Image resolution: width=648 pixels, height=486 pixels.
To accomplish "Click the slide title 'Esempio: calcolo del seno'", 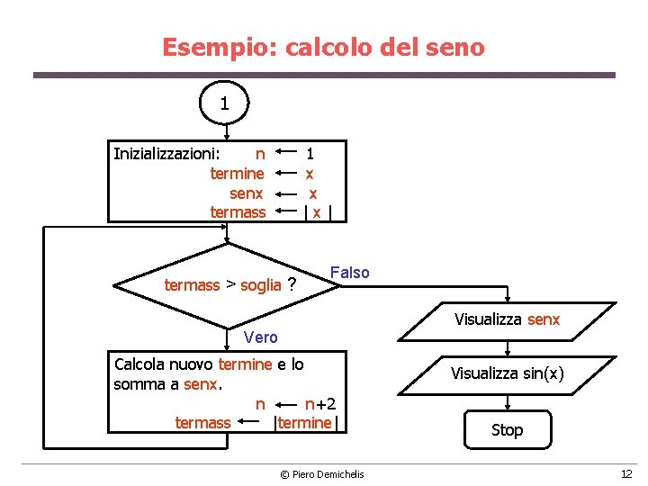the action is pyautogui.click(x=323, y=47).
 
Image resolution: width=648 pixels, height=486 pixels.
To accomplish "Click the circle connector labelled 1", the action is pyautogui.click(x=224, y=104).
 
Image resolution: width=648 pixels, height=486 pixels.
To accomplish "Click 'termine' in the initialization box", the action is pyautogui.click(x=237, y=174).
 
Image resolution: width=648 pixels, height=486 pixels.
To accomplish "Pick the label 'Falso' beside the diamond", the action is pyautogui.click(x=350, y=273).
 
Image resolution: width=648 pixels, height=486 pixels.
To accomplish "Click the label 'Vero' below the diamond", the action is pyautogui.click(x=261, y=337).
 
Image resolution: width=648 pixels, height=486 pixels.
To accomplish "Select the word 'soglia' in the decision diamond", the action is pyautogui.click(x=261, y=285).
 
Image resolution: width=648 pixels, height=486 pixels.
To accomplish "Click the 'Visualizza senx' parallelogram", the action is pyautogui.click(x=507, y=319).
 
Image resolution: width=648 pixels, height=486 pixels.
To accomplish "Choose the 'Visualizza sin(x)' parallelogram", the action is pyautogui.click(x=507, y=373).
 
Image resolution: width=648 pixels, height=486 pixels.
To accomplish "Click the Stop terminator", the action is pyautogui.click(x=507, y=429).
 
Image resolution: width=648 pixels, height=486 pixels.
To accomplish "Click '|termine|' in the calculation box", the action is pyautogui.click(x=307, y=423).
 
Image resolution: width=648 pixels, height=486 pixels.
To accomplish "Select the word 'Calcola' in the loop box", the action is pyautogui.click(x=139, y=364).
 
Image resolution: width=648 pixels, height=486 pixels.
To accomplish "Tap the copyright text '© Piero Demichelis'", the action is pyautogui.click(x=321, y=474).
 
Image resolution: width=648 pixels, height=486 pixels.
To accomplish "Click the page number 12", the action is pyautogui.click(x=625, y=474).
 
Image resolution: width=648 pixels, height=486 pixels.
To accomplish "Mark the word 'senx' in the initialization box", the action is pyautogui.click(x=247, y=193).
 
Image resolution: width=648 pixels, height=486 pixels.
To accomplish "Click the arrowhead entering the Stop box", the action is pyautogui.click(x=507, y=408).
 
